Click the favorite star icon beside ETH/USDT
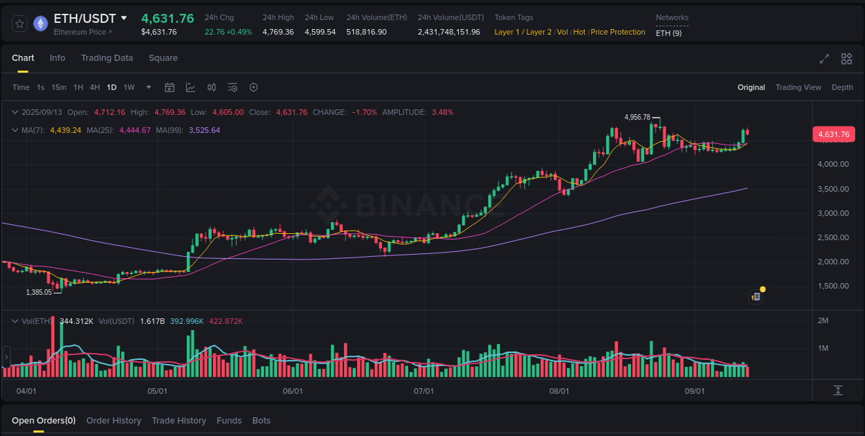pos(20,24)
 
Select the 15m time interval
pos(59,87)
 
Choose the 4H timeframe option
pos(95,87)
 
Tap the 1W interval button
pos(129,87)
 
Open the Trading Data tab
pos(107,58)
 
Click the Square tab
pos(163,58)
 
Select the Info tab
pos(57,58)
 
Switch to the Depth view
pos(842,87)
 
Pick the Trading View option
pos(798,87)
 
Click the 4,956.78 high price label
pos(637,117)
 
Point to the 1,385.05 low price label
pos(39,292)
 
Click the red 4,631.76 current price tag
pos(833,135)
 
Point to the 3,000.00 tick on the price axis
pos(832,213)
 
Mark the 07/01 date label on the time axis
pos(424,391)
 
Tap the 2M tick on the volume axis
pos(823,320)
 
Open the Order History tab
pos(113,421)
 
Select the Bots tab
pos(261,421)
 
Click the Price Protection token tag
pos(618,32)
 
